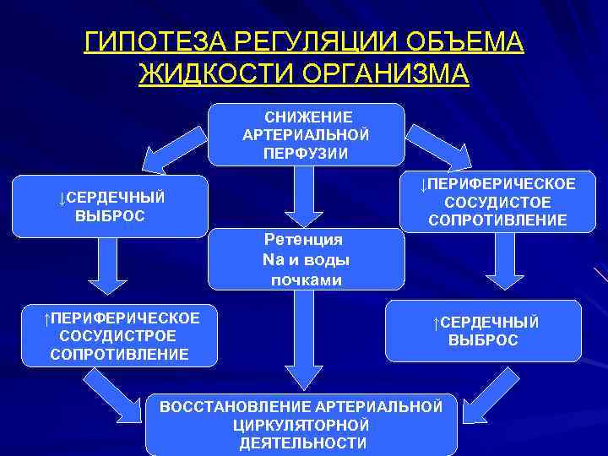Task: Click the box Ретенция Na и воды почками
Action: click(306, 259)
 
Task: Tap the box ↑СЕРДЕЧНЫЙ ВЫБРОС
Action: click(483, 331)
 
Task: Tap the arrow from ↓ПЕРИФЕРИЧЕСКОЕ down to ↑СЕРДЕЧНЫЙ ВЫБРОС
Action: click(505, 266)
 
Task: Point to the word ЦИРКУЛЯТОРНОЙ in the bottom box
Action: click(301, 425)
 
